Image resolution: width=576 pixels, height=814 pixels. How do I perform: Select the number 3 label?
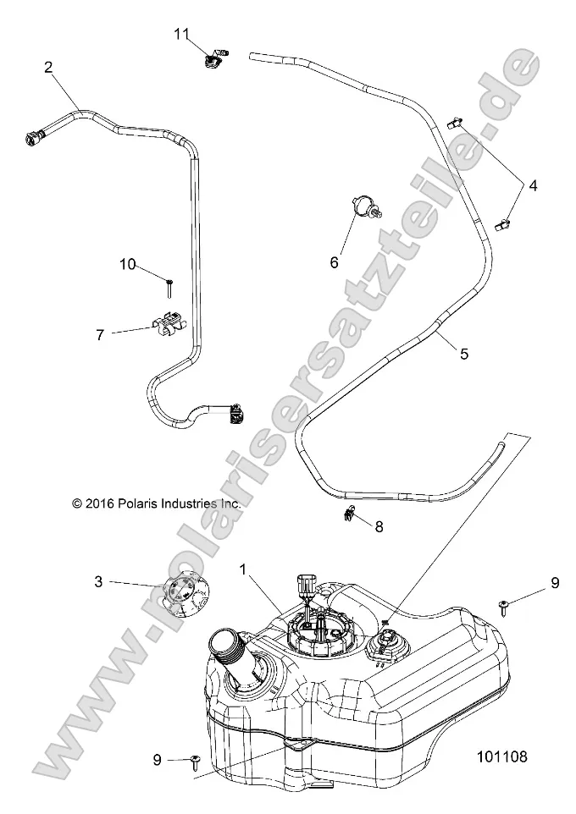pyautogui.click(x=98, y=580)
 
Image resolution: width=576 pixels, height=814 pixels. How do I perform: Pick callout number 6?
pyautogui.click(x=334, y=263)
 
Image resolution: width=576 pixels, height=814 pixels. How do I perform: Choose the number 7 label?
pyautogui.click(x=100, y=334)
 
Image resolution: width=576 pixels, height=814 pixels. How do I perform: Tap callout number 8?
pyautogui.click(x=379, y=526)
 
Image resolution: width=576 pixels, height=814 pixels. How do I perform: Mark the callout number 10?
pyautogui.click(x=127, y=265)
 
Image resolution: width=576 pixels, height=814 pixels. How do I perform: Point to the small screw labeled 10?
pyautogui.click(x=169, y=288)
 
